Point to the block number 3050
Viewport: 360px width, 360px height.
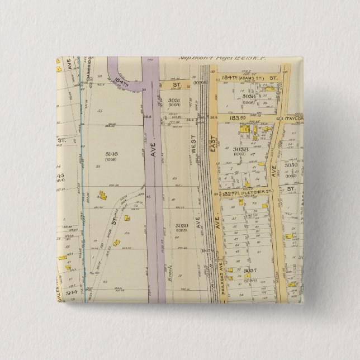click(291, 165)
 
